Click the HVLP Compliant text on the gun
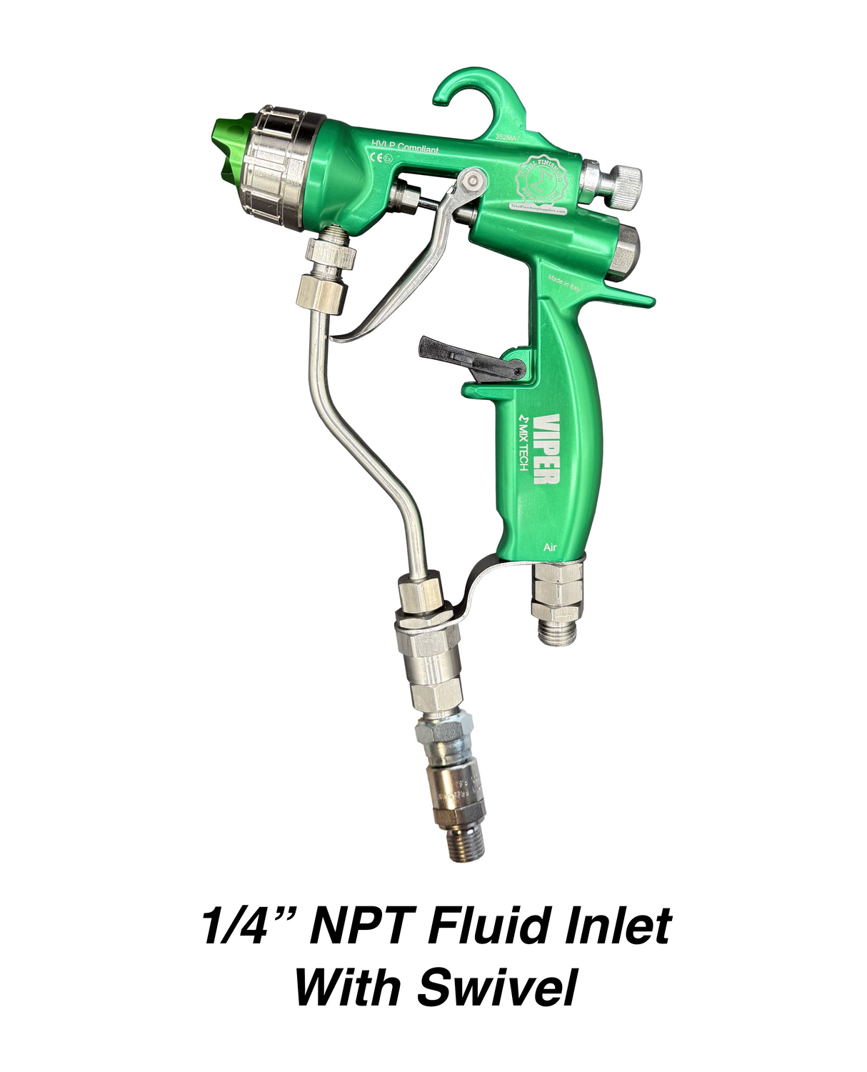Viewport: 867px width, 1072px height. click(x=404, y=148)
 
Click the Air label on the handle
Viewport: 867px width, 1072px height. click(x=550, y=547)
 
